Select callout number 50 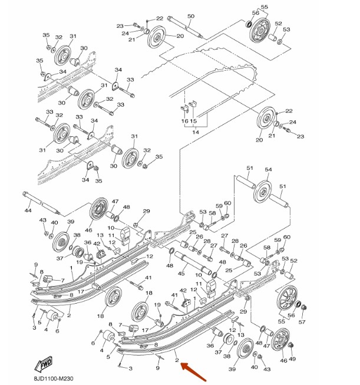pos(190,16)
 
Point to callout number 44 pos(27,210)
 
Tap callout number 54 pos(268,169)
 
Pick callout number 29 pos(147,211)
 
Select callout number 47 pos(115,202)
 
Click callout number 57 pos(302,322)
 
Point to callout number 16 pos(184,121)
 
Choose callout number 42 pos(183,290)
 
